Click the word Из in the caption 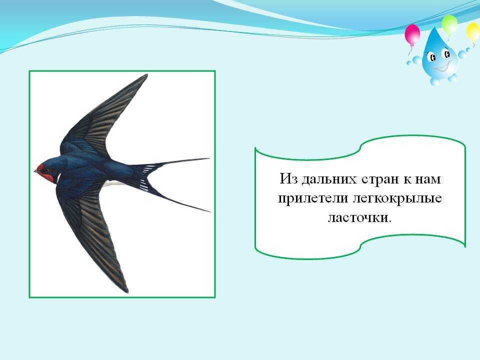(288, 179)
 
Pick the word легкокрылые (397, 199)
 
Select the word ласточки (359, 217)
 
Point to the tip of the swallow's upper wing (146, 75)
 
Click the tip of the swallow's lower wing (126, 291)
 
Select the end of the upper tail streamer (209, 158)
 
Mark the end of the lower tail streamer (210, 211)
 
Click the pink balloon (412, 34)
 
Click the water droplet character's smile (441, 67)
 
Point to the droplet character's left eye (431, 56)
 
